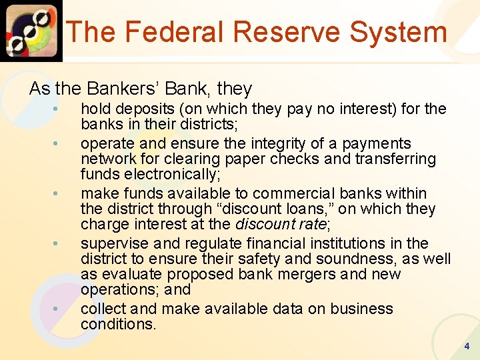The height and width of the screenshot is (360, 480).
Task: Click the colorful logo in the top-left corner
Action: click(x=31, y=31)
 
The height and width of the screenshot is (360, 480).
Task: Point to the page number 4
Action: click(x=467, y=346)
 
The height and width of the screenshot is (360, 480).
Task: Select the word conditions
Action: click(x=117, y=324)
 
